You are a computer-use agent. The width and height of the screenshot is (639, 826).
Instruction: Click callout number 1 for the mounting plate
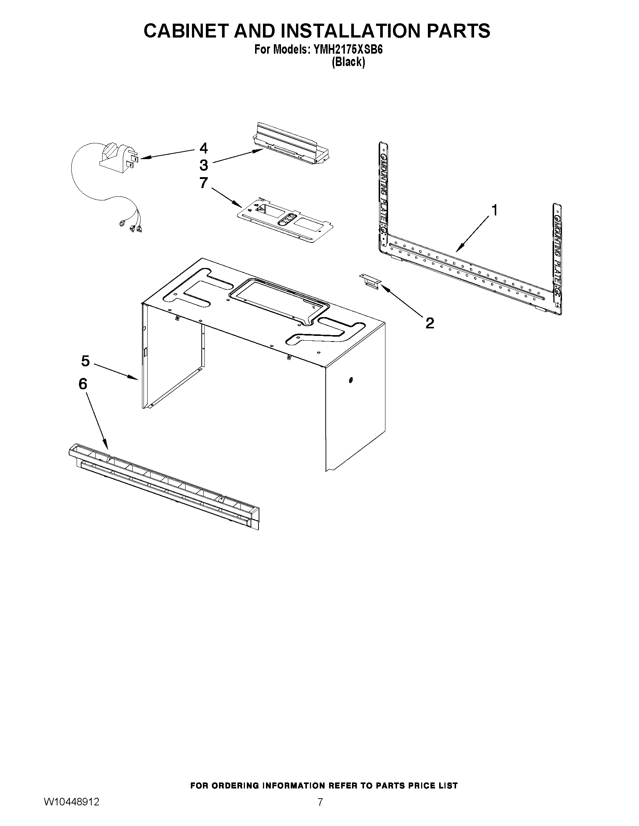point(494,210)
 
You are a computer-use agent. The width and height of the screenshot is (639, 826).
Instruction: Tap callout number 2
point(429,323)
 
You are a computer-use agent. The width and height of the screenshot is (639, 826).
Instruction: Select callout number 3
point(204,165)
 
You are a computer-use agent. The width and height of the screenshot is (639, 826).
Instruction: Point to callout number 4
point(204,148)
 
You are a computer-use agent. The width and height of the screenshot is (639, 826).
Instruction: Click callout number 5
point(85,361)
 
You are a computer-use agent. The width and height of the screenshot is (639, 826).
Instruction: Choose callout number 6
point(83,384)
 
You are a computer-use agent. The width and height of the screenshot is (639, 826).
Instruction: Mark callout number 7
point(204,183)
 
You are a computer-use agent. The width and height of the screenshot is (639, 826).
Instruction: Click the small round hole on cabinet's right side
point(351,380)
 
